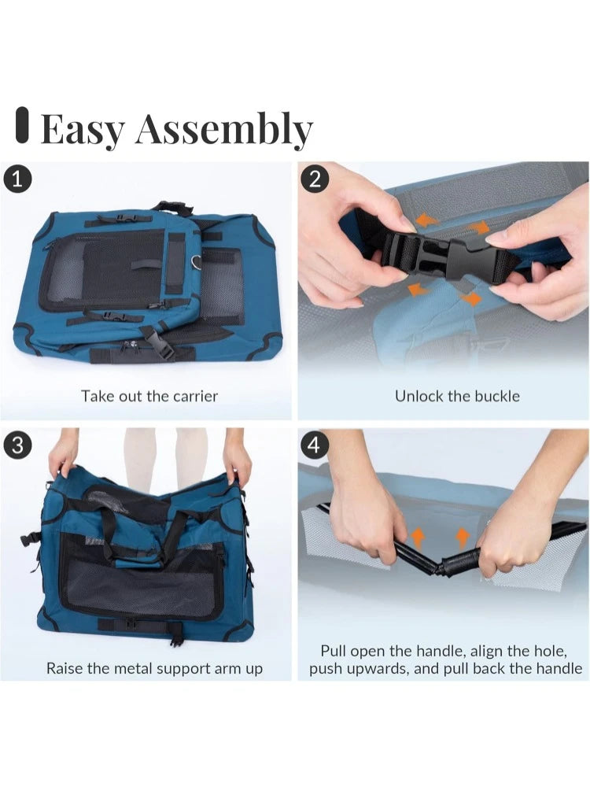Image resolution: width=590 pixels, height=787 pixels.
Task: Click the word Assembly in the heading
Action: (224, 130)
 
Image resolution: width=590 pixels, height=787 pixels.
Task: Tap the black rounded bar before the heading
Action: (22, 126)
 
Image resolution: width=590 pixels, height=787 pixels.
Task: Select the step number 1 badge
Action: (17, 179)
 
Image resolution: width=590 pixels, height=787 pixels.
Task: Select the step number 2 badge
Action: (315, 179)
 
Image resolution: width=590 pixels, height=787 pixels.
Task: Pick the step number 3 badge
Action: (17, 445)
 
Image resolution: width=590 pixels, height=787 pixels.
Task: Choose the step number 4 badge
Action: (315, 445)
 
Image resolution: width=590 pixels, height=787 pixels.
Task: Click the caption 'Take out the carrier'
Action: (149, 395)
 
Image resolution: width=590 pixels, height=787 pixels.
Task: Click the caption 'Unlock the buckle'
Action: (457, 395)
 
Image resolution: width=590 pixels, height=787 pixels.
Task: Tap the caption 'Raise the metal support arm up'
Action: (154, 669)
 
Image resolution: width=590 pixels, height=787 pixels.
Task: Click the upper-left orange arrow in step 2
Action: (426, 220)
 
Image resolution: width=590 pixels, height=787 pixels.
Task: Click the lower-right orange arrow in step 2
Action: (472, 298)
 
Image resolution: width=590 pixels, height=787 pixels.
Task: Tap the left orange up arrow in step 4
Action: (419, 538)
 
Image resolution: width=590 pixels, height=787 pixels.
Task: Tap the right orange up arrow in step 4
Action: (463, 538)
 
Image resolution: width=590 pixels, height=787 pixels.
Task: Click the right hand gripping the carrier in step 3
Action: (237, 460)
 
